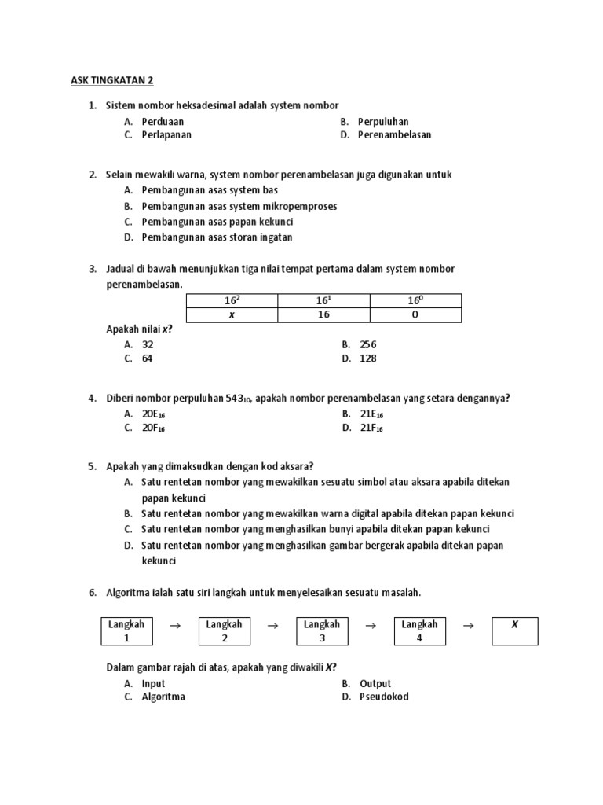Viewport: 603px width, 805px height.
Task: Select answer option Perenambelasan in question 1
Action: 394,134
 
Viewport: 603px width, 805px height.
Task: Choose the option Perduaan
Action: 163,122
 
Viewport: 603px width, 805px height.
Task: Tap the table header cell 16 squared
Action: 232,300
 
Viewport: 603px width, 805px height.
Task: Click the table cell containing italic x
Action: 232,314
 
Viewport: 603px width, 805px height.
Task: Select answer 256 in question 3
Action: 368,344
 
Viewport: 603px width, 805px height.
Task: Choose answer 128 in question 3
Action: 368,358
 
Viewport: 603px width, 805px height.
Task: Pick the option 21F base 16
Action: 372,428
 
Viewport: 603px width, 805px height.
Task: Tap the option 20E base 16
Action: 153,414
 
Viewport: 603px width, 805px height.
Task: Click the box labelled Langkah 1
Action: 126,631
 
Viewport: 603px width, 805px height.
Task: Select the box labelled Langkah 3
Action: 322,631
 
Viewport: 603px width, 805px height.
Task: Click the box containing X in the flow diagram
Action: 515,631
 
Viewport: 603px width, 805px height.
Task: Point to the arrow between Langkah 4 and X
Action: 469,626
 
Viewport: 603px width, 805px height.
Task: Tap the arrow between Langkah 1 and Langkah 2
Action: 175,626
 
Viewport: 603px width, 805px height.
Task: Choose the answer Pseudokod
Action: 384,697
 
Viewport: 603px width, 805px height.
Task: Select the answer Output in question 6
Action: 375,683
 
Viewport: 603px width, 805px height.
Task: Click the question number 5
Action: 93,465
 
